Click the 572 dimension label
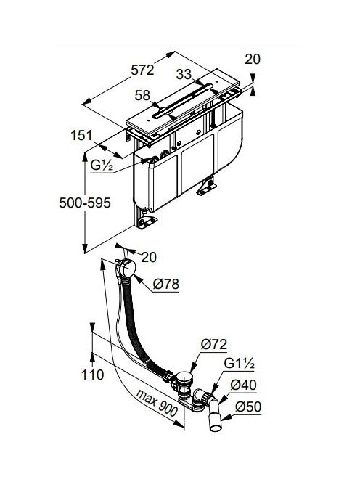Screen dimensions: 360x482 point(142,70)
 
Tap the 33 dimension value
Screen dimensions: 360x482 point(184,74)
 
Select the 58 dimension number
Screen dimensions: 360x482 point(143,96)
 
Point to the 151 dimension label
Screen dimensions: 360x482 point(81,136)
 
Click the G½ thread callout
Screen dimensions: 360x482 point(102,166)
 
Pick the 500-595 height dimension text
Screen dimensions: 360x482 point(85,203)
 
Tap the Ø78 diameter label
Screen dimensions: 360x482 point(165,284)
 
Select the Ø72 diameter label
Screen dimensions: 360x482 point(214,344)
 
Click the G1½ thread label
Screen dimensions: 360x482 point(239,364)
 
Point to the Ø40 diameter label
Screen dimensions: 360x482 point(243,385)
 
